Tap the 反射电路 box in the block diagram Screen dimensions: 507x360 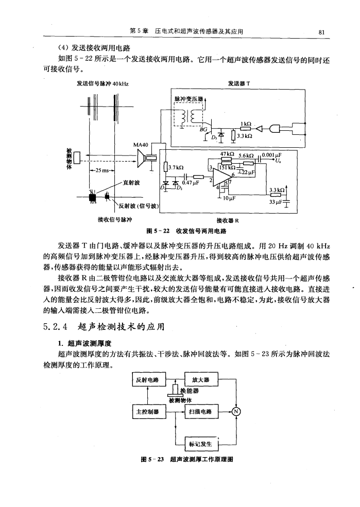pos(147,381)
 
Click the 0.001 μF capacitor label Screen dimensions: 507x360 pos(272,153)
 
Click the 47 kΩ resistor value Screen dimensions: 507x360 pos(227,153)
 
